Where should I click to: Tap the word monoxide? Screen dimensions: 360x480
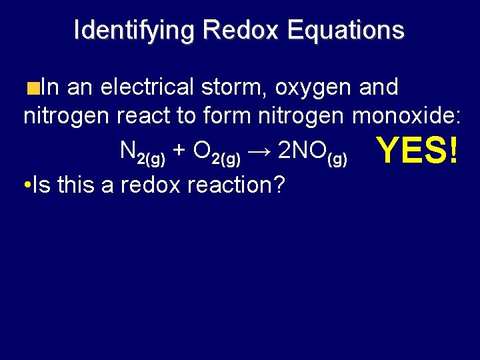(407, 116)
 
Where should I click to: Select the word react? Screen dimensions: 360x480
(145, 116)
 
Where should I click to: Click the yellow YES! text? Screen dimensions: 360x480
(417, 151)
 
